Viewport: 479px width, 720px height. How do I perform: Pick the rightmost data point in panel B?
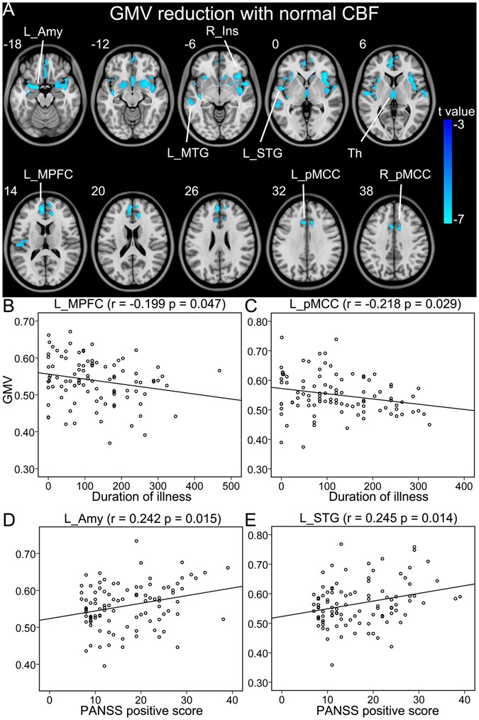point(219,370)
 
